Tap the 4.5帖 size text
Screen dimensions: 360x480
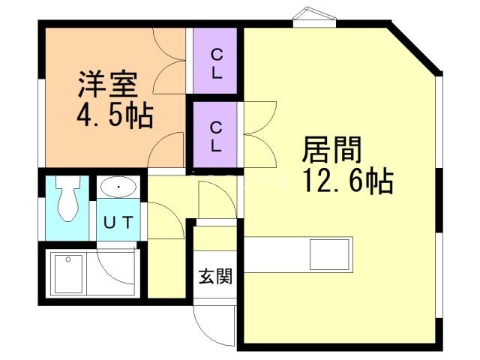click(114, 115)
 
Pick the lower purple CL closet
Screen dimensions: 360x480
click(215, 135)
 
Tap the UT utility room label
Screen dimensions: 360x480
click(118, 222)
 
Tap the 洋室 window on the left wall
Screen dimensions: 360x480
click(42, 120)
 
